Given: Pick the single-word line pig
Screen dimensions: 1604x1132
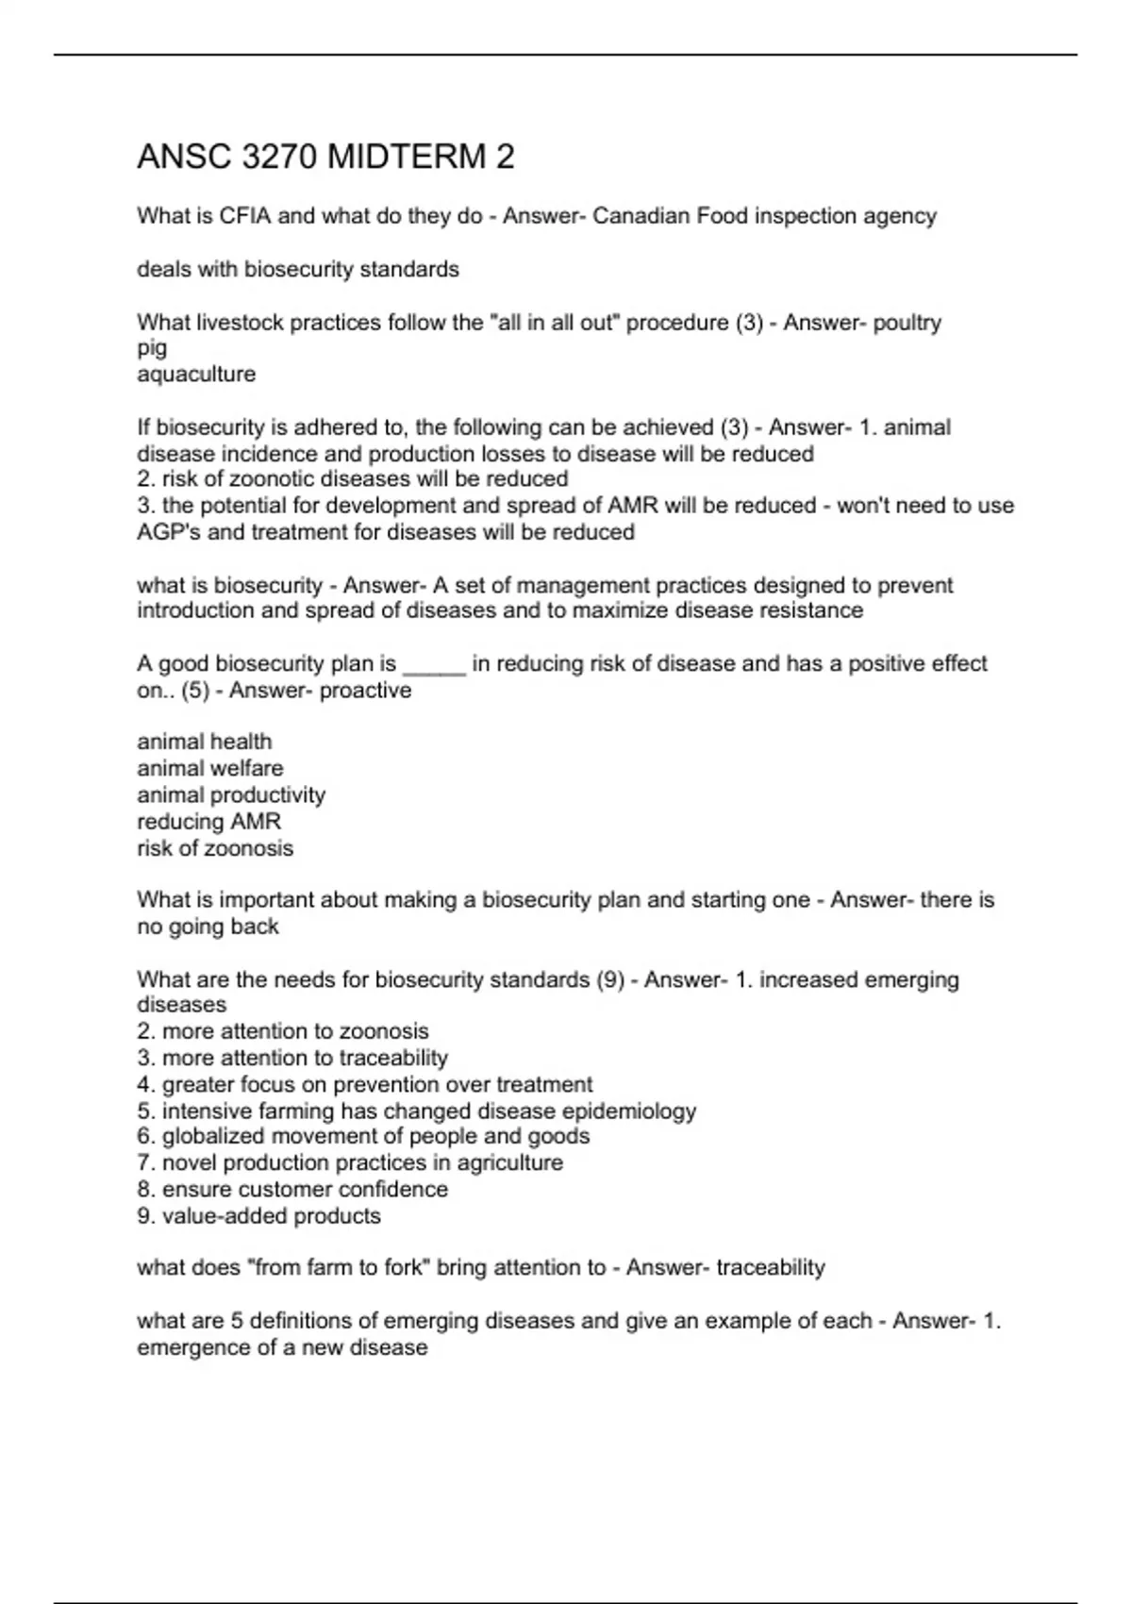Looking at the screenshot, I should pyautogui.click(x=152, y=348).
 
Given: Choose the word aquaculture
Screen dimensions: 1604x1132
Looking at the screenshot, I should pyautogui.click(x=196, y=375).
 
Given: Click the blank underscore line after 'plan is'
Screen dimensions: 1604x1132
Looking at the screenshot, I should pyautogui.click(x=434, y=665).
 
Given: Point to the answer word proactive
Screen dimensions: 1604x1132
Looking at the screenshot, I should pyautogui.click(x=365, y=691).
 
